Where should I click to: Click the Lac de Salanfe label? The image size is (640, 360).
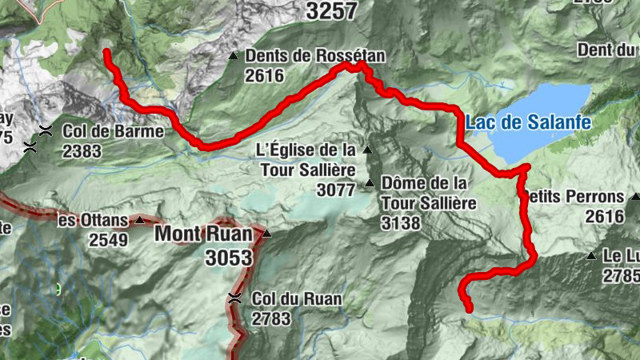coord(528,122)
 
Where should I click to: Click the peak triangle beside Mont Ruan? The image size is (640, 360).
coord(267,234)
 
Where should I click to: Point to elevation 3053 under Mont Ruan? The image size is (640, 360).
coord(228,258)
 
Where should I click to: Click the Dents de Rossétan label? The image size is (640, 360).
coord(315,56)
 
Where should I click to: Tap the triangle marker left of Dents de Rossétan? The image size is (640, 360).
coord(233,56)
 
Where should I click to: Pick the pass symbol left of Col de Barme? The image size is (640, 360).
coord(47,131)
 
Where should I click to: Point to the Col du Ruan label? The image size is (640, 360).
coord(297,298)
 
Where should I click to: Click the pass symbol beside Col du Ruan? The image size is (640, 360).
coord(234,298)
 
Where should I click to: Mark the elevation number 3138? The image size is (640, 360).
coord(401,223)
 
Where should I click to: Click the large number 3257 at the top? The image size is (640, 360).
coord(331,10)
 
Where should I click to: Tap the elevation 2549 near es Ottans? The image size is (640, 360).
coord(108,239)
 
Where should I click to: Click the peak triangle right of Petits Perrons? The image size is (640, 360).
coord(634,196)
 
